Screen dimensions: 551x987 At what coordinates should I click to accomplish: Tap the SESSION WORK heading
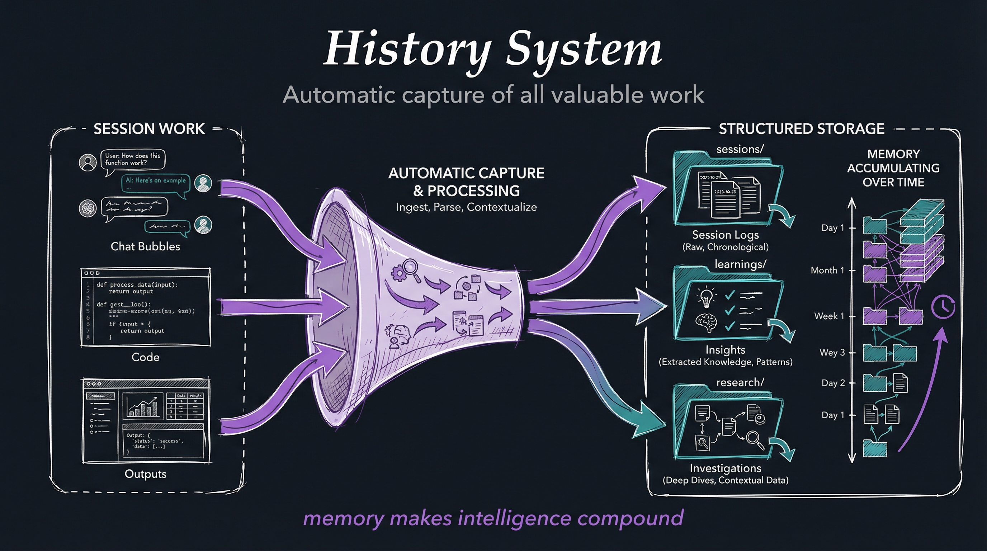149,129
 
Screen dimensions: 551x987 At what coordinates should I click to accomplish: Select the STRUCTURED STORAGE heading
801,129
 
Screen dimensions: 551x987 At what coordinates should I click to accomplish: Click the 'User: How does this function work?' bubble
133,159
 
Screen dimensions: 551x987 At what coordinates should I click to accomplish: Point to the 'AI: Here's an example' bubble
155,181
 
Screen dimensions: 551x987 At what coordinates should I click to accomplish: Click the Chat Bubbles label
145,246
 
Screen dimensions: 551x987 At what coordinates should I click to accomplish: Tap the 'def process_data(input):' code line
137,285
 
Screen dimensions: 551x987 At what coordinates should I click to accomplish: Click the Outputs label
145,474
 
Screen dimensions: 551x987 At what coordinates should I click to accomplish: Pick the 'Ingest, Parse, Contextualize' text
466,207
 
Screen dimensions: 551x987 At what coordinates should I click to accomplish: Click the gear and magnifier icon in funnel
405,270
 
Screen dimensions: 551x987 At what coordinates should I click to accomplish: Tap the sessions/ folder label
740,149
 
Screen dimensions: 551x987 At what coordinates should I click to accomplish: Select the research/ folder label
740,382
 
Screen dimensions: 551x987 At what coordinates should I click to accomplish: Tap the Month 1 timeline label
827,270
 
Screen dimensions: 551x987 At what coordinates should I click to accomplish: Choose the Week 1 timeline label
829,316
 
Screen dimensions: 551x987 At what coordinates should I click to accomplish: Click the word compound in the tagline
630,518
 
